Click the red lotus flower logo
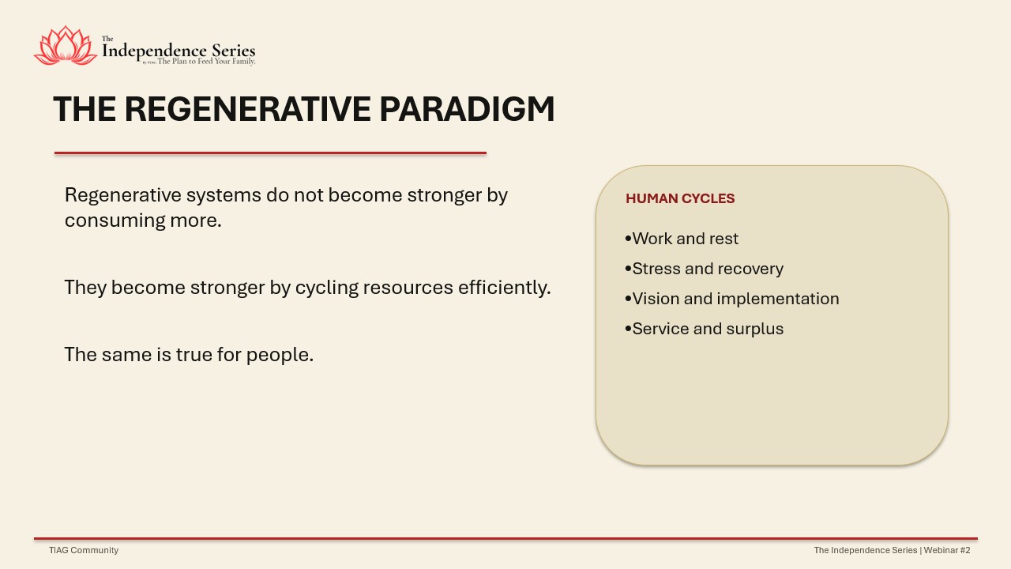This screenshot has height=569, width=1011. (66, 46)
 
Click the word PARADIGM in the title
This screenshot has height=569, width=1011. (467, 109)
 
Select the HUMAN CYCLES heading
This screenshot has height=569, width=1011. (680, 198)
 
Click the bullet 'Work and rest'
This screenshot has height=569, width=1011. (682, 239)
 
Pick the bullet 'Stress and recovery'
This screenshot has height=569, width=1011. (704, 269)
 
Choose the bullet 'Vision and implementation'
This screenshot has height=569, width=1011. (732, 299)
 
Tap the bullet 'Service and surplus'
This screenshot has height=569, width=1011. (704, 329)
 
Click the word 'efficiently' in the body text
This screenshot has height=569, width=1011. (504, 288)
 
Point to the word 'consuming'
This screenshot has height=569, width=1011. (115, 220)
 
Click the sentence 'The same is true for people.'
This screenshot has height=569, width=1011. (189, 355)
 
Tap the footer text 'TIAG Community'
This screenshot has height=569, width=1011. (84, 550)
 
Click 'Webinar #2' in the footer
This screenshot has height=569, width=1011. (947, 550)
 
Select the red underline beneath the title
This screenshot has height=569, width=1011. (270, 153)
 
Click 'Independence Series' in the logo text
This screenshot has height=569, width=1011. (179, 50)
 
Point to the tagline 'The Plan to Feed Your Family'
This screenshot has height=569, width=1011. (206, 62)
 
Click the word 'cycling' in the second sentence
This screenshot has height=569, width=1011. (327, 288)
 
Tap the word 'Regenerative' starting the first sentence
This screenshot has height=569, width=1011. (122, 195)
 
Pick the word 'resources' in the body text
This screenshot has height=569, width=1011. (408, 288)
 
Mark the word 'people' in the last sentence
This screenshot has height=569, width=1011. (280, 355)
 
